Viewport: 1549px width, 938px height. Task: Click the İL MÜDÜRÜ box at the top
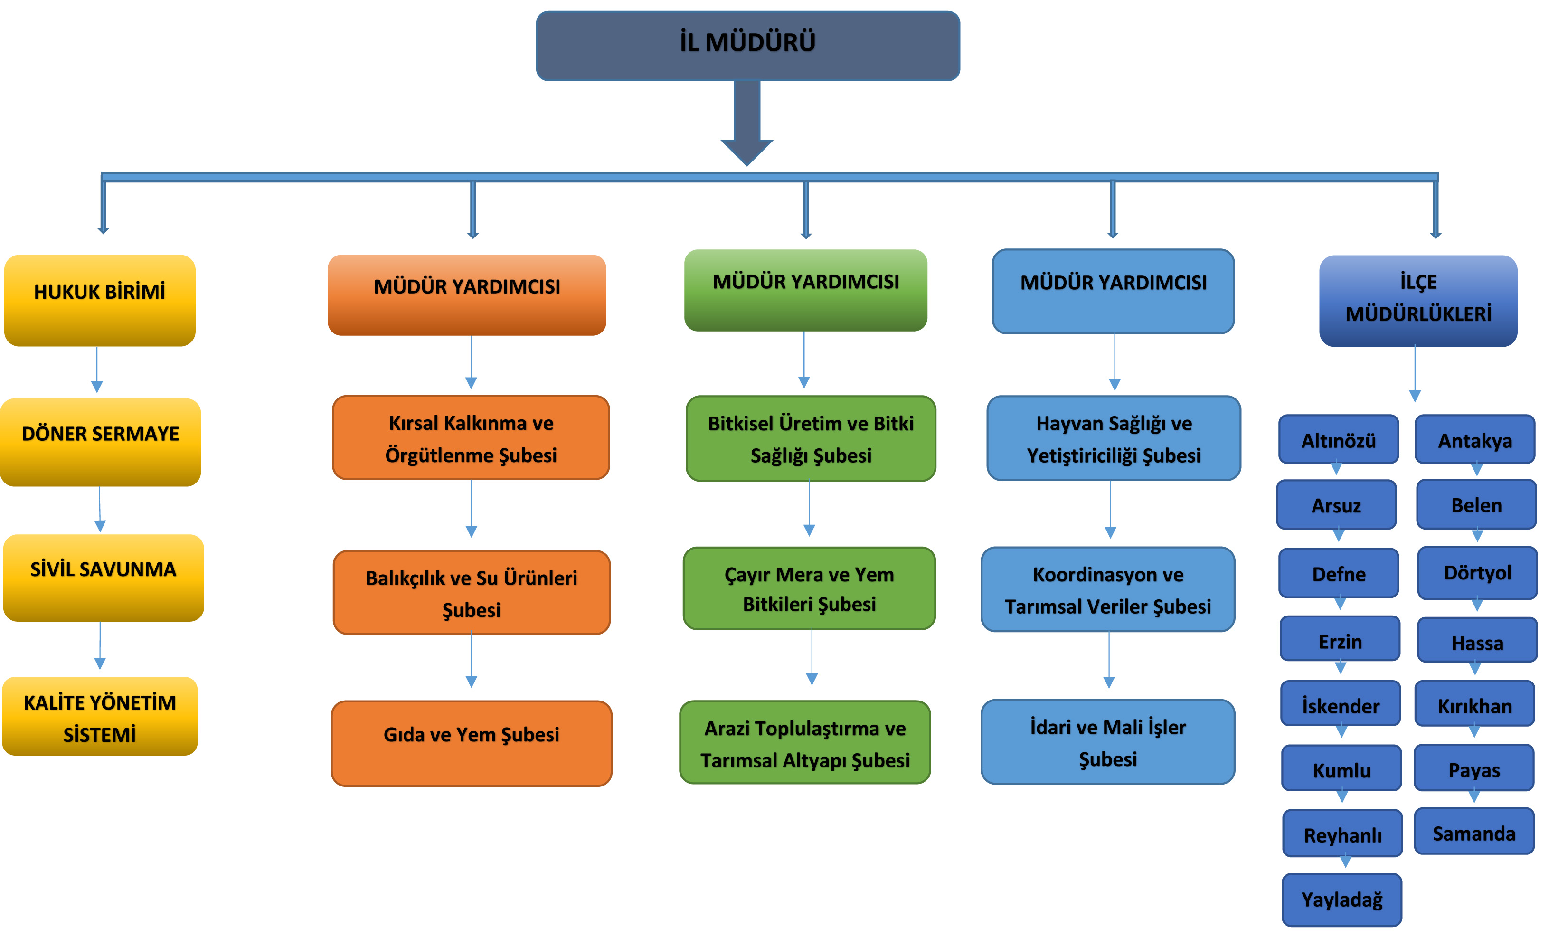[747, 45]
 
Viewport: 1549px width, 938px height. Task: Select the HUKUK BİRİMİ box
[99, 300]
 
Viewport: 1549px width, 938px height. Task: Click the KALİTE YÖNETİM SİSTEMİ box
[100, 716]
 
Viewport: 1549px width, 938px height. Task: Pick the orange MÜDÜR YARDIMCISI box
[466, 294]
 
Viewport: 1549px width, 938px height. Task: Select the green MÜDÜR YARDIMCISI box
[805, 290]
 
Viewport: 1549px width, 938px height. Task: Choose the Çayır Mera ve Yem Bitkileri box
[809, 588]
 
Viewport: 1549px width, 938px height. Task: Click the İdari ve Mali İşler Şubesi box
[1108, 741]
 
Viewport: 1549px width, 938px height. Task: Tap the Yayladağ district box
[1341, 899]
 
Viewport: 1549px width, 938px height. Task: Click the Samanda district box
[1473, 831]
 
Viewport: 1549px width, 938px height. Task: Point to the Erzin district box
[1340, 639]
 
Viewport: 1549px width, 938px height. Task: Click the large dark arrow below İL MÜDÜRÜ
[747, 126]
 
